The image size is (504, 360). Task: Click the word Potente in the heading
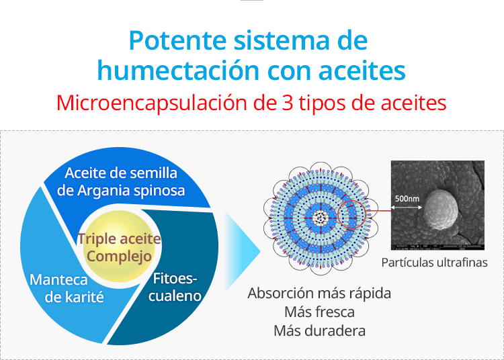(178, 40)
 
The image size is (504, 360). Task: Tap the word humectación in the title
(178, 71)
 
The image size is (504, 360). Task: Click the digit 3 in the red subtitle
(288, 103)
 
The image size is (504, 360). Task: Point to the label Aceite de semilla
(121, 173)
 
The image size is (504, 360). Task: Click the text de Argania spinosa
(121, 191)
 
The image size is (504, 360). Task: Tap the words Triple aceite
(119, 238)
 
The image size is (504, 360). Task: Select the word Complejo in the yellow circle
(119, 257)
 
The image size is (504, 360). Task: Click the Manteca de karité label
(67, 288)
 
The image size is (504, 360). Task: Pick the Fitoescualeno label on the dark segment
(175, 287)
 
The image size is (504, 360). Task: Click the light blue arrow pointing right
(242, 251)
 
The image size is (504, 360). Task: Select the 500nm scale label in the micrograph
(407, 199)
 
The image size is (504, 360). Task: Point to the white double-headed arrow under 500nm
(407, 208)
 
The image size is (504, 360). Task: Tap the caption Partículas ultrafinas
(434, 263)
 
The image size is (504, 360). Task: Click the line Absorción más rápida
(319, 294)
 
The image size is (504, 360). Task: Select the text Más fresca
(319, 312)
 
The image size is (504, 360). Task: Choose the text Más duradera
(319, 330)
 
